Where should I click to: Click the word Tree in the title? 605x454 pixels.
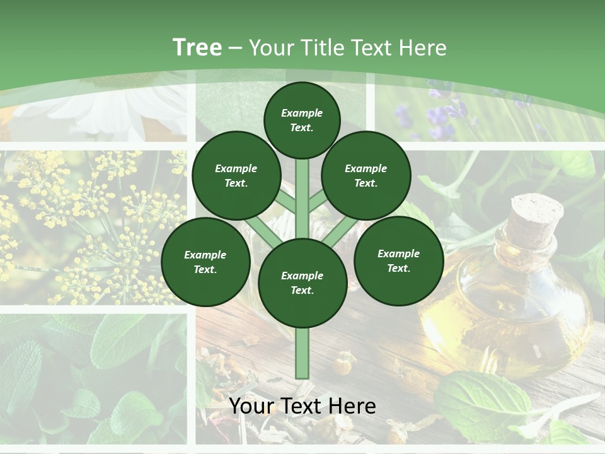[x=197, y=47]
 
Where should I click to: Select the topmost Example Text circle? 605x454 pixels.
[x=302, y=120]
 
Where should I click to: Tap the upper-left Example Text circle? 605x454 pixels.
[x=236, y=175]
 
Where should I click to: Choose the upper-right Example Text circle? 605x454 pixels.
[x=366, y=175]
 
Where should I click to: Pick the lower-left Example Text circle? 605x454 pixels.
[x=205, y=262]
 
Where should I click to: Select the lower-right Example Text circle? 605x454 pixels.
[x=398, y=260]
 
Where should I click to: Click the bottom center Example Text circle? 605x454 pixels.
[x=302, y=282]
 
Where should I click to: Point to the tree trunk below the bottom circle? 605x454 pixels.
[x=302, y=353]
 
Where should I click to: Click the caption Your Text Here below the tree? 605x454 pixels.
[x=302, y=406]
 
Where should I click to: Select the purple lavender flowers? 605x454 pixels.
[x=441, y=117]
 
